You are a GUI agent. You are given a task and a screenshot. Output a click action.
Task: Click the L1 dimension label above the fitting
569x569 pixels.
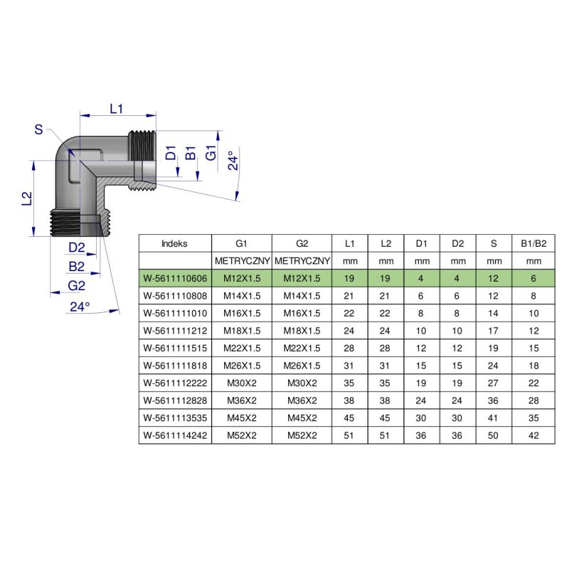117,108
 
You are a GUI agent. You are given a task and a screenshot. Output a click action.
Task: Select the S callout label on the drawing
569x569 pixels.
38,129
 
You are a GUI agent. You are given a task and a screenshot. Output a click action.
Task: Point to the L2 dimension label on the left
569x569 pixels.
26,198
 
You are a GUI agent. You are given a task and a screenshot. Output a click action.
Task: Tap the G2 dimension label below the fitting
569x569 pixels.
76,285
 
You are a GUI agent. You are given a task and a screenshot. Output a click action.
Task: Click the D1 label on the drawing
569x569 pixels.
171,154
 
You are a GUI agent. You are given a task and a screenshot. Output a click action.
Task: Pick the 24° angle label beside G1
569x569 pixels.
232,161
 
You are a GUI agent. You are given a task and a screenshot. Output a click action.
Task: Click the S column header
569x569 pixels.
494,243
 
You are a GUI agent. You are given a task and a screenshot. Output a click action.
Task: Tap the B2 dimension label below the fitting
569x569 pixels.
77,267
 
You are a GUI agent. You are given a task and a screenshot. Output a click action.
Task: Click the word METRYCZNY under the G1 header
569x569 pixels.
242,261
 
